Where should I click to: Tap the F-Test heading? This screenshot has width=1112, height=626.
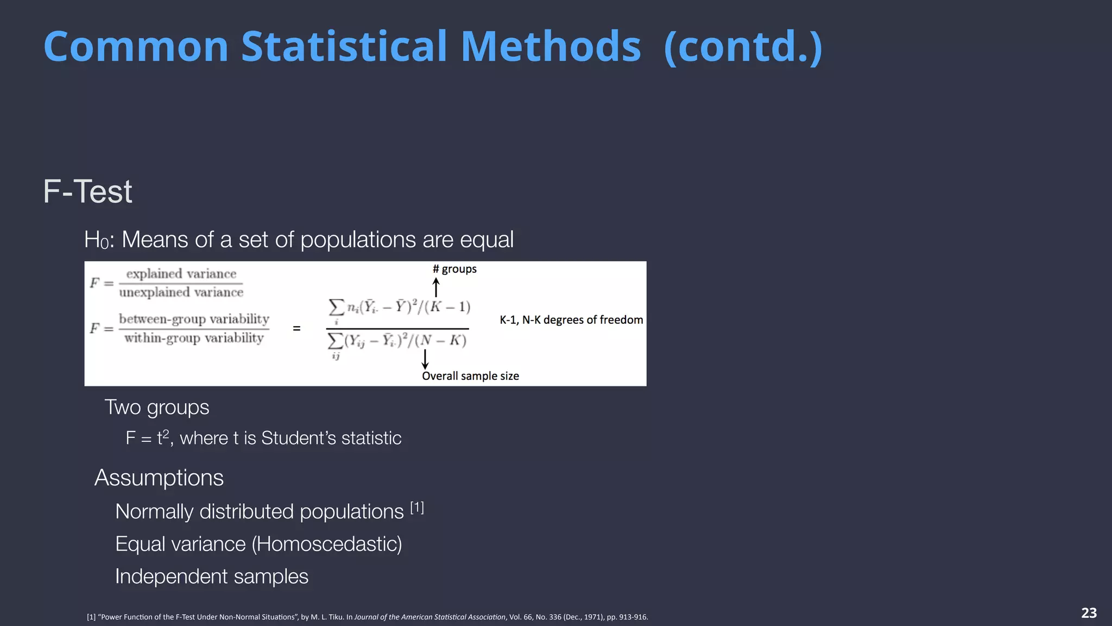pyautogui.click(x=87, y=192)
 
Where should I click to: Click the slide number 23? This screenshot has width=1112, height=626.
pyautogui.click(x=1089, y=613)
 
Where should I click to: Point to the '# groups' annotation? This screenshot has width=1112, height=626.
pyautogui.click(x=454, y=269)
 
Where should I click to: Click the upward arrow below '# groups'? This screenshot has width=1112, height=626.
pyautogui.click(x=435, y=287)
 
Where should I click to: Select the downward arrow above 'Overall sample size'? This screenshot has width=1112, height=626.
pyautogui.click(x=425, y=359)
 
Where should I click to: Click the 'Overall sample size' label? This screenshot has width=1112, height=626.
pyautogui.click(x=470, y=376)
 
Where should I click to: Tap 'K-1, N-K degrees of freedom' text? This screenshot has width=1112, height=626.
pyautogui.click(x=571, y=320)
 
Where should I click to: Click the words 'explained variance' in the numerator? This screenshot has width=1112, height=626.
pyautogui.click(x=181, y=274)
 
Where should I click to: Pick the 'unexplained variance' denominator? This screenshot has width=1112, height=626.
pyautogui.click(x=181, y=292)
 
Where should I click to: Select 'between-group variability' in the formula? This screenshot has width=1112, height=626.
pyautogui.click(x=194, y=319)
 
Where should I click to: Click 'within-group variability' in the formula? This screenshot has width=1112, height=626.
pyautogui.click(x=194, y=338)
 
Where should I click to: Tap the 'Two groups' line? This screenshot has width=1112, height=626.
pyautogui.click(x=156, y=408)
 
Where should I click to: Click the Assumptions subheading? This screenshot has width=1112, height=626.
pyautogui.click(x=159, y=478)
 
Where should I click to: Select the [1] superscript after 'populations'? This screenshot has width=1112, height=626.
pyautogui.click(x=417, y=508)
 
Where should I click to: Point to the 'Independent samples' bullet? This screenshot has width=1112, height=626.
pyautogui.click(x=211, y=577)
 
